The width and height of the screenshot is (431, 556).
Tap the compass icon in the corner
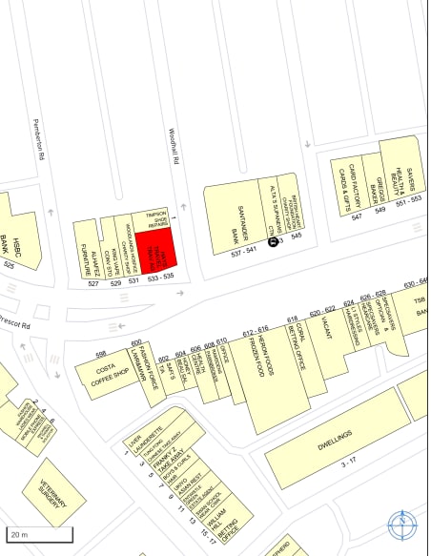click(402, 524)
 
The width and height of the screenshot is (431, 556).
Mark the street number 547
click(357, 217)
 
